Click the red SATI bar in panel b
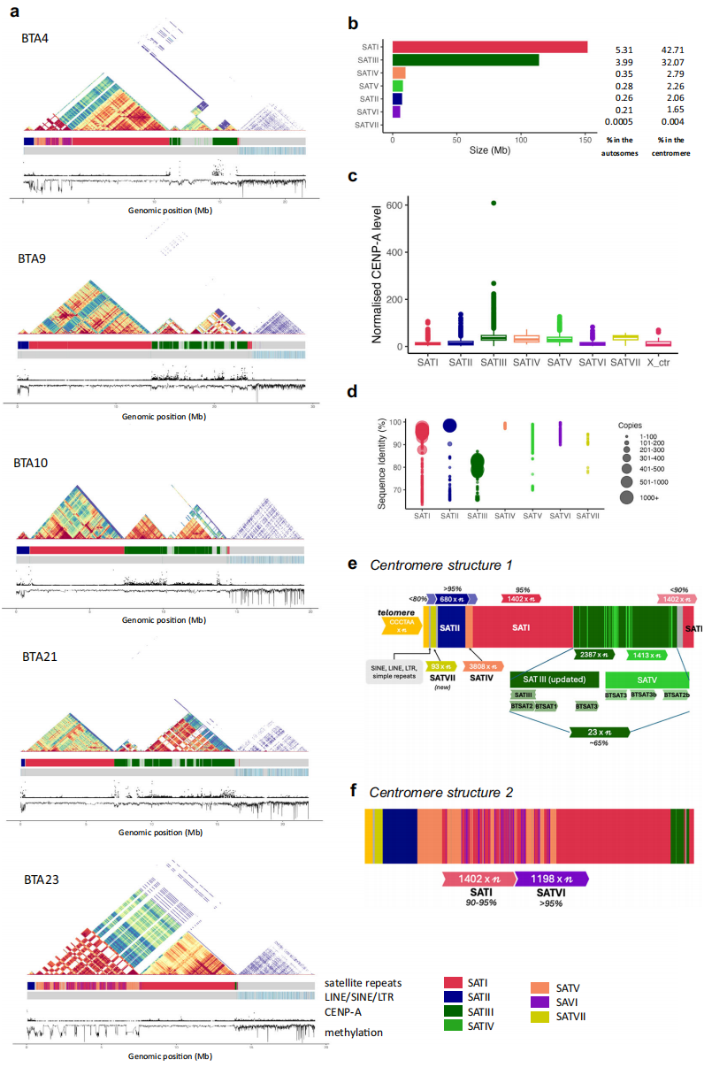490,47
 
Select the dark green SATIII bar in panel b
465,60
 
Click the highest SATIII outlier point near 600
493,203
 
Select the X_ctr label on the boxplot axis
659,362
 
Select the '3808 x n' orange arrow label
483,666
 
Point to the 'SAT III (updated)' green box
555,679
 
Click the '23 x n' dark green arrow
601,732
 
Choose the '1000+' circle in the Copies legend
626,498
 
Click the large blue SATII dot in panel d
450,426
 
